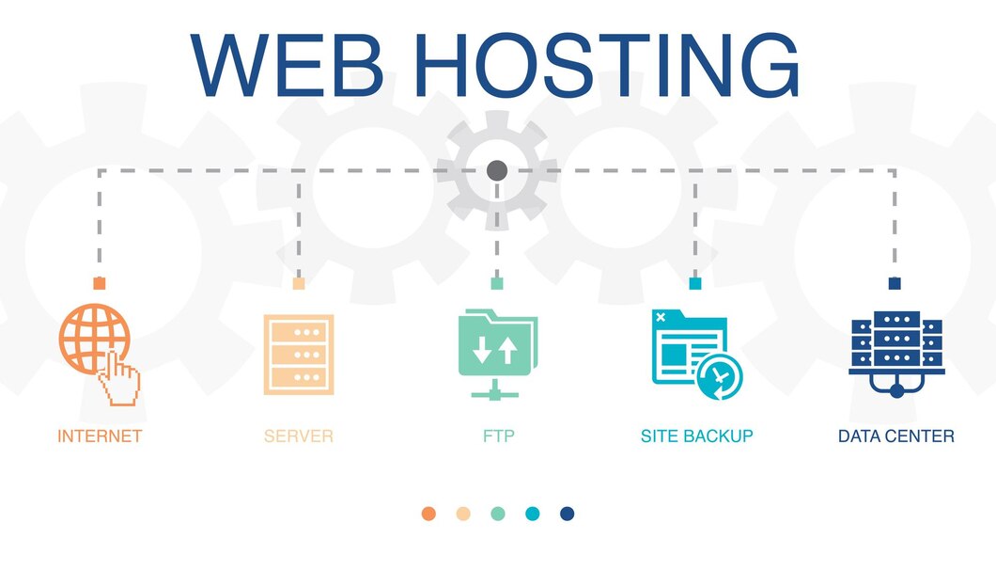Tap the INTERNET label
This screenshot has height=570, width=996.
tap(100, 436)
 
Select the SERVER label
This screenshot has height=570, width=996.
tap(299, 436)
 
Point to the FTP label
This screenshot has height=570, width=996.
tap(497, 436)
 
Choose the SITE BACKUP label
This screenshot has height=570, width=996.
tap(696, 436)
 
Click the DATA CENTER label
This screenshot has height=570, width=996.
tap(895, 436)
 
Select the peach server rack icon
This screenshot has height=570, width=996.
tap(299, 354)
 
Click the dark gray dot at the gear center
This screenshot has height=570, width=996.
tap(497, 170)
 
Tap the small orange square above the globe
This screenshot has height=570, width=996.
tap(100, 283)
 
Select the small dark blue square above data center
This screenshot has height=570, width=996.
tap(895, 283)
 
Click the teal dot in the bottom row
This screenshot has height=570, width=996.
tap(533, 514)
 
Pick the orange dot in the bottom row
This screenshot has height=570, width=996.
tap(428, 514)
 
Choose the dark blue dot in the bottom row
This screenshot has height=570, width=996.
tap(567, 514)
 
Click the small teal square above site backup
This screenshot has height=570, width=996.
tap(695, 283)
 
